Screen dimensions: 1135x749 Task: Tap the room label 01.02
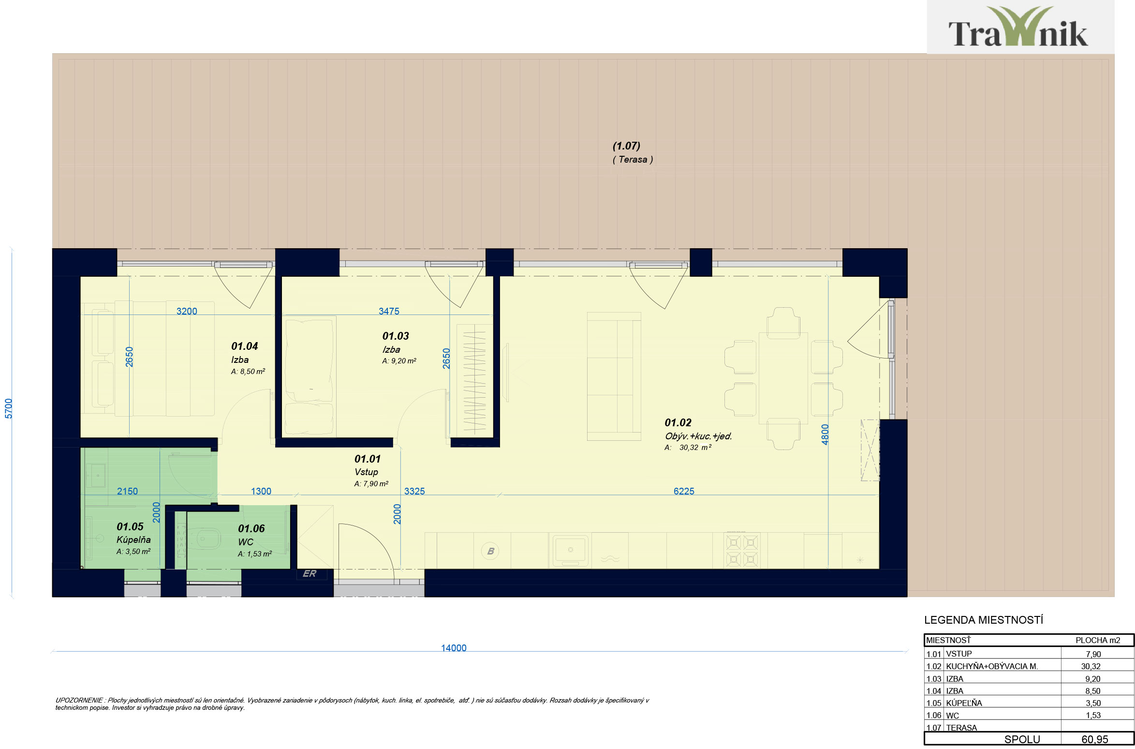pyautogui.click(x=678, y=422)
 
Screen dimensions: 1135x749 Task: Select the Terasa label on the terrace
pyautogui.click(x=633, y=159)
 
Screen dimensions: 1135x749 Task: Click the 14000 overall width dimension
pyautogui.click(x=454, y=648)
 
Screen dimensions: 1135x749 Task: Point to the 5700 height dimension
pyautogui.click(x=8, y=408)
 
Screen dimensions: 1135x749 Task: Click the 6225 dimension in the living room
pyautogui.click(x=684, y=491)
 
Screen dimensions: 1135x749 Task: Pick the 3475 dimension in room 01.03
pyautogui.click(x=389, y=311)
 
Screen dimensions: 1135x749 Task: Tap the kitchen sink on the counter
pyautogui.click(x=571, y=551)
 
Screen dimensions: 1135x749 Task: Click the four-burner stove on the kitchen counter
pyautogui.click(x=742, y=550)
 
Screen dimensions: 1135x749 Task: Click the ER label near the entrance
pyautogui.click(x=310, y=573)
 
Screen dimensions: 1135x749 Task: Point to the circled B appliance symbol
pyautogui.click(x=490, y=551)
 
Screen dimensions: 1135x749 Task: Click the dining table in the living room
pyautogui.click(x=783, y=378)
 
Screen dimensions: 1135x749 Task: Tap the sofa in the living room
pyautogui.click(x=614, y=376)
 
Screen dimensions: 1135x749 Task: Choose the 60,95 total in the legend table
pyautogui.click(x=1095, y=739)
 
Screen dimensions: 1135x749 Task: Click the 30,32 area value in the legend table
pyautogui.click(x=1091, y=666)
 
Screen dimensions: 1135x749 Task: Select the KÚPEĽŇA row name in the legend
pyautogui.click(x=964, y=703)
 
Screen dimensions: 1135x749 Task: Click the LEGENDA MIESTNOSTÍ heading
pyautogui.click(x=984, y=620)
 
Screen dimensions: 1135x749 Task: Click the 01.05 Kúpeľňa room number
pyautogui.click(x=130, y=526)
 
